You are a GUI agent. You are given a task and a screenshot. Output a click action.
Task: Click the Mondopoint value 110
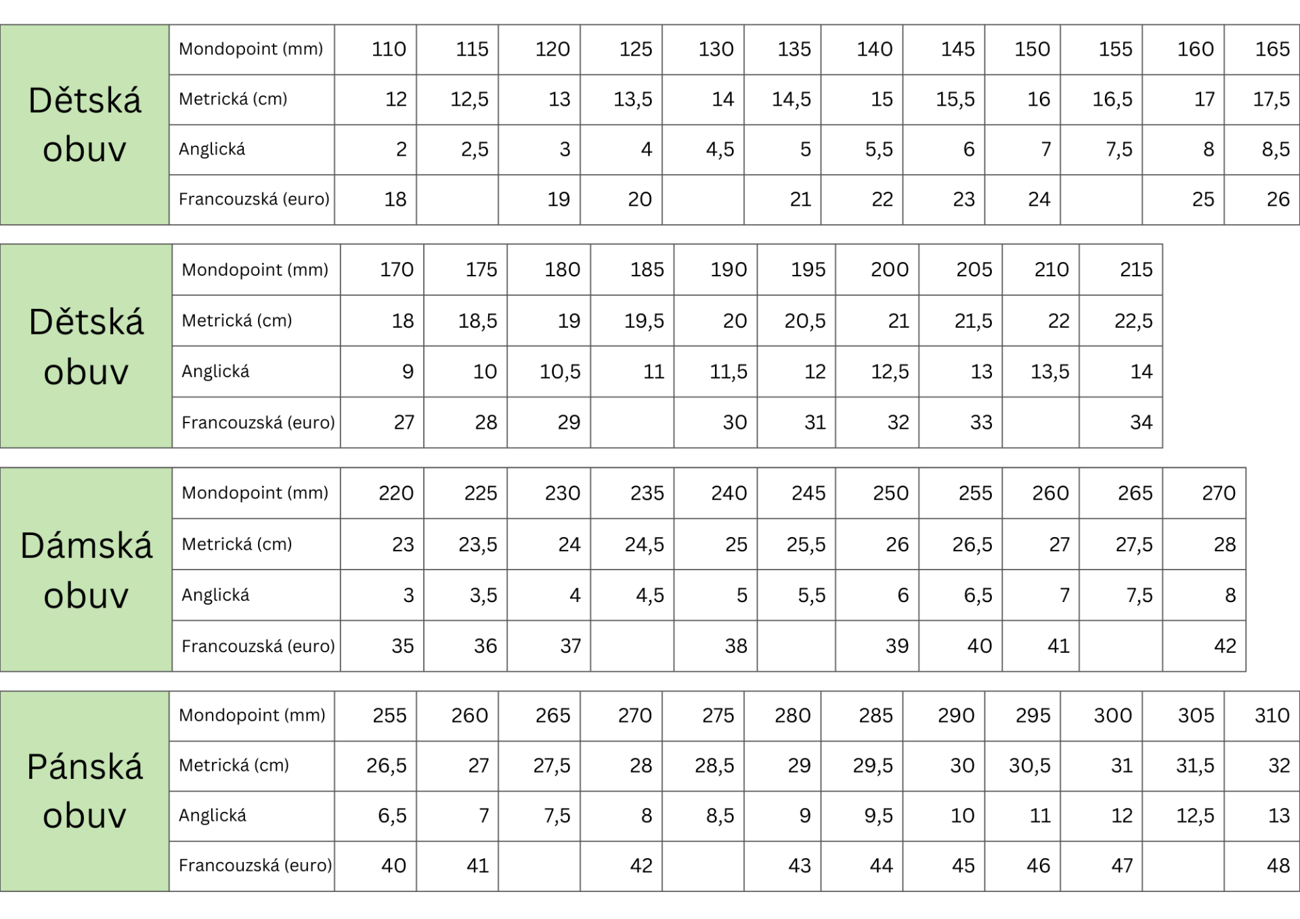pyautogui.click(x=389, y=49)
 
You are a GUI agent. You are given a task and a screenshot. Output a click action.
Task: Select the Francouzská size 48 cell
pyautogui.click(x=1278, y=865)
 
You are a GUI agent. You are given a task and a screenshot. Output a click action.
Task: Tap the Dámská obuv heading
pyautogui.click(x=86, y=570)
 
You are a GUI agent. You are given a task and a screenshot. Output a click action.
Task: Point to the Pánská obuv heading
pyautogui.click(x=85, y=791)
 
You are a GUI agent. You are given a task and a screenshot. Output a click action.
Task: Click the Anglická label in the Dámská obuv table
pyautogui.click(x=215, y=595)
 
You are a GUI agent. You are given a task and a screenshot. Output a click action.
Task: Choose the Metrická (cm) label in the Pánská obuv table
pyautogui.click(x=234, y=765)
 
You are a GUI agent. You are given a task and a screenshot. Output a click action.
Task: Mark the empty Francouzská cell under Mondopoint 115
pyautogui.click(x=457, y=200)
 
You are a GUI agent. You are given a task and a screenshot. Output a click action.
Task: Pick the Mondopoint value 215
pyautogui.click(x=1135, y=270)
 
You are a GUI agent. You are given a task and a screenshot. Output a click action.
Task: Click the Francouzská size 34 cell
pyautogui.click(x=1141, y=423)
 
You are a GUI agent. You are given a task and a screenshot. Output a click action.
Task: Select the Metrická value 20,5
pyautogui.click(x=804, y=321)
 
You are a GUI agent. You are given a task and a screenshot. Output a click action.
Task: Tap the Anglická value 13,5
pyautogui.click(x=1049, y=372)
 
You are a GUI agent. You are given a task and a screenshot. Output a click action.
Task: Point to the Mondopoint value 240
pyautogui.click(x=729, y=493)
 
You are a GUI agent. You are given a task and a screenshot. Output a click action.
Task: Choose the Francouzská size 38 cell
pyautogui.click(x=735, y=646)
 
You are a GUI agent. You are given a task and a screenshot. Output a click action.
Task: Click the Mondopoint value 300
pyautogui.click(x=1112, y=716)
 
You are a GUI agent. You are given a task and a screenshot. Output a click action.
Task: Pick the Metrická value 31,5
pyautogui.click(x=1194, y=766)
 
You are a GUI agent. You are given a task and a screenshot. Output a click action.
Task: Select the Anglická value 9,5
pyautogui.click(x=878, y=816)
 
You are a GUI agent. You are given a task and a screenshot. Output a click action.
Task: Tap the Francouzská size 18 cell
pyautogui.click(x=395, y=200)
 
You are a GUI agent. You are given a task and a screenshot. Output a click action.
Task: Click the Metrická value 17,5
pyautogui.click(x=1271, y=100)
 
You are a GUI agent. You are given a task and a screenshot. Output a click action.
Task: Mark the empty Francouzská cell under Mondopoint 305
pyautogui.click(x=1183, y=866)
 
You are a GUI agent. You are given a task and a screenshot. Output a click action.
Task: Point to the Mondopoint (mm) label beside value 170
pyautogui.click(x=255, y=270)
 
